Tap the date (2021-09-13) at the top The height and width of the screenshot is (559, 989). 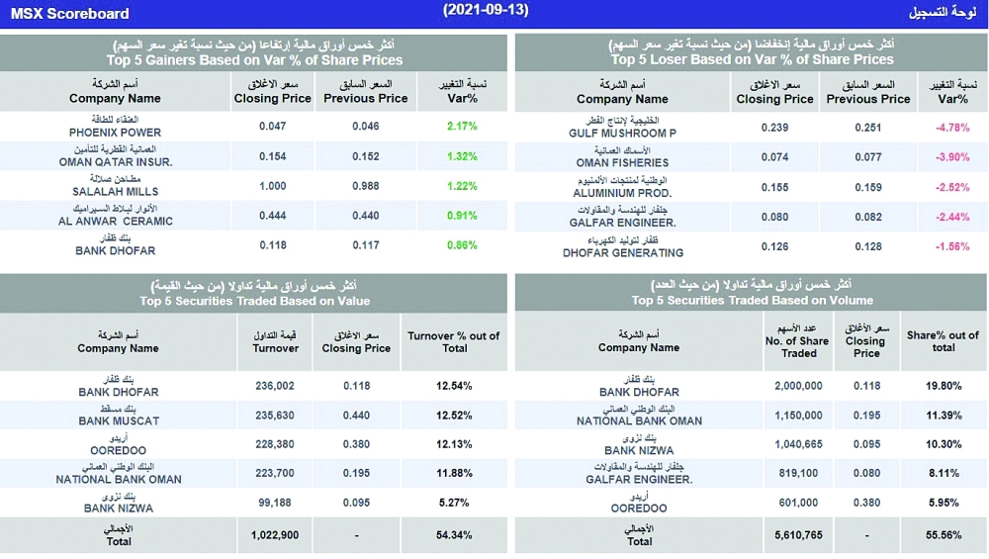486,10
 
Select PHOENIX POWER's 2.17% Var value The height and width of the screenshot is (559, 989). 462,127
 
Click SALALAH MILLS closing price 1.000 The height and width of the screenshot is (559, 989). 272,186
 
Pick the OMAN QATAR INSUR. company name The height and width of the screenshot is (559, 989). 116,161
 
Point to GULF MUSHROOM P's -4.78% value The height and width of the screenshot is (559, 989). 952,127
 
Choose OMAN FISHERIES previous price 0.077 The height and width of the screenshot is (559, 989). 867,156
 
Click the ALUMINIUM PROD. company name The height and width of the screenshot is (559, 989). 624,193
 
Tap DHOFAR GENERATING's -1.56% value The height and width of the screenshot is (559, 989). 952,246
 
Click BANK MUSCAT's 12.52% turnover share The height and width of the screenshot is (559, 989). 454,415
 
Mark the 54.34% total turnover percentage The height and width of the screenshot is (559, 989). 454,534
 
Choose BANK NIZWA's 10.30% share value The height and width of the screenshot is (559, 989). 944,444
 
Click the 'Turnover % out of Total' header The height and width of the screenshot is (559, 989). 454,341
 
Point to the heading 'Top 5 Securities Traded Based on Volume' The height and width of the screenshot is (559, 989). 752,300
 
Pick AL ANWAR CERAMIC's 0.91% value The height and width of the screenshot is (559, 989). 462,216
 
